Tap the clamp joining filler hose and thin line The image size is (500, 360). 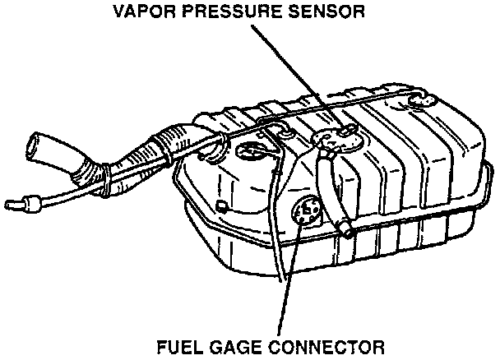tap(101, 176)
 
